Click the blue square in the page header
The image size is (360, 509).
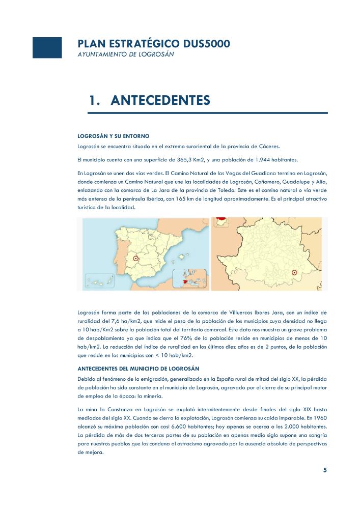pos(47,47)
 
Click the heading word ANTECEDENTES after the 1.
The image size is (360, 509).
pos(160,100)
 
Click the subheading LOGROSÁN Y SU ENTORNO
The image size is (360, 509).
pos(113,136)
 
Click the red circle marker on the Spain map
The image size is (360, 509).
pos(136,259)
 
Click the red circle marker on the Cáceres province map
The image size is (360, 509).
pos(294,273)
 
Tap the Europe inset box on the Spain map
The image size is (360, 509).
pos(190,279)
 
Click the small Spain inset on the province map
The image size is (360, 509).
pos(220,222)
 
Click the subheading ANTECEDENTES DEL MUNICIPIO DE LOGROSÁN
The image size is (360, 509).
pos(138,368)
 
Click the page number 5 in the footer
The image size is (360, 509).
pos(325,470)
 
